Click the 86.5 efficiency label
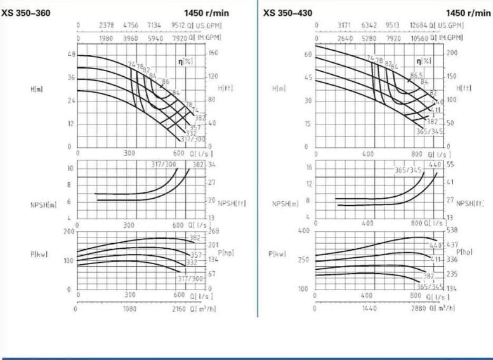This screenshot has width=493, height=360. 416,76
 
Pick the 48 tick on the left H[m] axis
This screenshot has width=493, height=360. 71,55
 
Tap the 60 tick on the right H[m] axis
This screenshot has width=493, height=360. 309,55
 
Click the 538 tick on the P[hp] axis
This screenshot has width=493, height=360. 452,231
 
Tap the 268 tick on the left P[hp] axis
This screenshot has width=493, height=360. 213,231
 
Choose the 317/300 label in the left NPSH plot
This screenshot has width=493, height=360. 163,164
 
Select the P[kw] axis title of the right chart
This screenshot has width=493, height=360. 277,253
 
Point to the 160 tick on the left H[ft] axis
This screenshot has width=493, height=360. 213,54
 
